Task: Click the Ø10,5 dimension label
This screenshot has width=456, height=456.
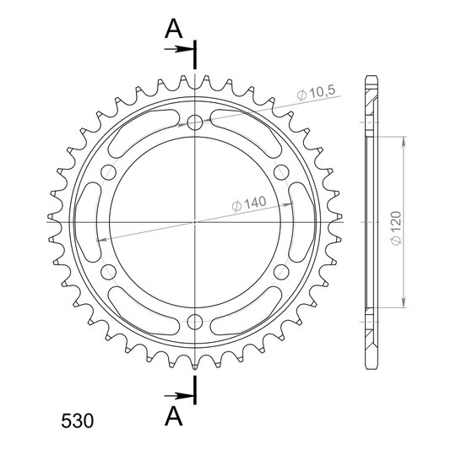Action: (x=316, y=93)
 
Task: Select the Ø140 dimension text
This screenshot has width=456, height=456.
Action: (x=249, y=204)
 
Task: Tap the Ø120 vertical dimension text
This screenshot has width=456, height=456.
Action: (x=396, y=228)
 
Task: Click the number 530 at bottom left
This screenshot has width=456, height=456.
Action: (x=78, y=421)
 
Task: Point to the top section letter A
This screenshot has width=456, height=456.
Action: (x=174, y=29)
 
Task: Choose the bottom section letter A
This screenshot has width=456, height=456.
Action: (x=174, y=415)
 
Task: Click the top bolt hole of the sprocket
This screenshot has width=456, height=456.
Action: (x=195, y=122)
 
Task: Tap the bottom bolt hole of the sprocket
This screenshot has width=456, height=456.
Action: (x=195, y=322)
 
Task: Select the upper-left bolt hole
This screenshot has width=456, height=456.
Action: (x=108, y=172)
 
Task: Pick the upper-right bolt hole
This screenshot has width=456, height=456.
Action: (x=281, y=172)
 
